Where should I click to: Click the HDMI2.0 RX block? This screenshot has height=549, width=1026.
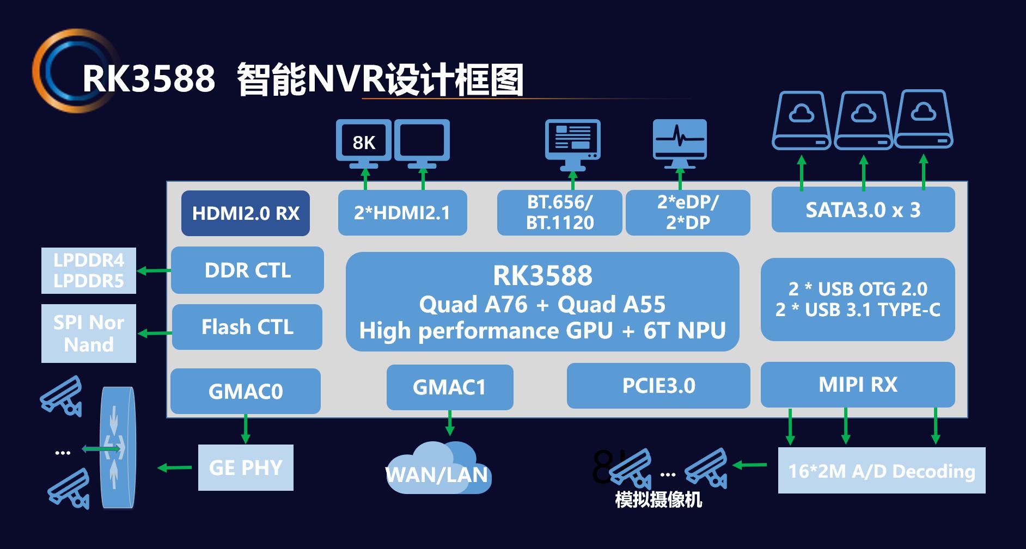(245, 213)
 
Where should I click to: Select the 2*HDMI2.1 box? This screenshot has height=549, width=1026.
(402, 213)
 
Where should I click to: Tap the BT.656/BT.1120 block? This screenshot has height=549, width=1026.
(559, 213)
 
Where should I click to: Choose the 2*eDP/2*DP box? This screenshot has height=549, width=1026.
(688, 213)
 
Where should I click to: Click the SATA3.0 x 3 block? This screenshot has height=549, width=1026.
(863, 210)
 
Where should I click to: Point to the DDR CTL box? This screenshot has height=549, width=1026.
(247, 270)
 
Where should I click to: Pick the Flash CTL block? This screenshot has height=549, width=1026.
(247, 327)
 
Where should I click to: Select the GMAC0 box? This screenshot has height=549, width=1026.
(245, 391)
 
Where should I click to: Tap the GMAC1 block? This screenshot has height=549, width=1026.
(449, 387)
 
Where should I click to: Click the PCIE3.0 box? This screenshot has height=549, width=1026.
(658, 386)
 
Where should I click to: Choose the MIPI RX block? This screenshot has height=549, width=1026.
(858, 385)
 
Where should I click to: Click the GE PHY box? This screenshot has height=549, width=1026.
(246, 468)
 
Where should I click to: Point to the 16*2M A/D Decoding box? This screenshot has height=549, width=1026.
(881, 471)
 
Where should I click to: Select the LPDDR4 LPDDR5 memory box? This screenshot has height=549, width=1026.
(89, 271)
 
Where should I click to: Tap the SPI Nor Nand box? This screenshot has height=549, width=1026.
(89, 334)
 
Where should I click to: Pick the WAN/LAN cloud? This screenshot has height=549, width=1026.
(438, 471)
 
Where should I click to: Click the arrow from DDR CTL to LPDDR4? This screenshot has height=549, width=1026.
(154, 270)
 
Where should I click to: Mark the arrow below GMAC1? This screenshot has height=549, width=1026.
(450, 423)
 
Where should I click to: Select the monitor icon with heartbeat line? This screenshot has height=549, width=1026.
(680, 142)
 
